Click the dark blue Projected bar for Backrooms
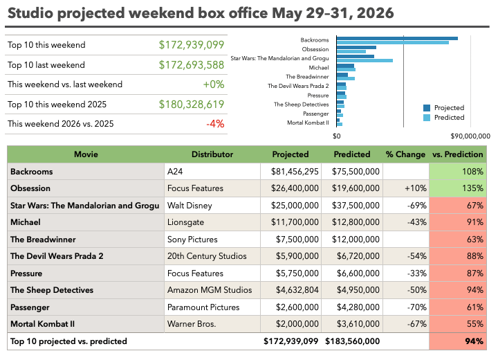397,39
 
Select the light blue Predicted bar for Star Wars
365,60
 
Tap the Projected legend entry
443,108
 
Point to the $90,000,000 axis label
470,136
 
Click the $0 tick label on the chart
337,136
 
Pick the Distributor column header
212,154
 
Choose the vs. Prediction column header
457,154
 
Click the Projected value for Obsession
295,188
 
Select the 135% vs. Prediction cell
472,188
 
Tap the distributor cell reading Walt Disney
190,206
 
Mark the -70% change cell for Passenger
416,307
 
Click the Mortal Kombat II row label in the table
43,324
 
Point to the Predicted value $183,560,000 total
352,341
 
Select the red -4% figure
215,124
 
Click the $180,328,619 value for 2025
192,105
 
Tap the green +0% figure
214,84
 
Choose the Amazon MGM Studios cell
210,290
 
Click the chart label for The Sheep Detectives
302,105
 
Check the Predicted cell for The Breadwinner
356,240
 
